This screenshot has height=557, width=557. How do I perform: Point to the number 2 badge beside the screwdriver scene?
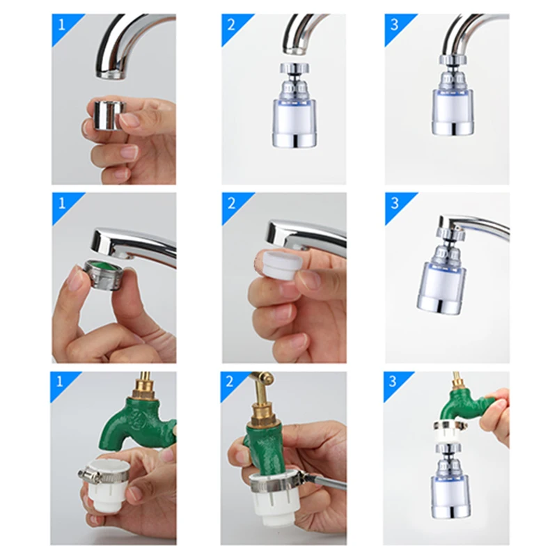230,381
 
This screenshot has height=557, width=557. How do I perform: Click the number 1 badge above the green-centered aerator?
62,203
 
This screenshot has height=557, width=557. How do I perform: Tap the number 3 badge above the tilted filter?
395,203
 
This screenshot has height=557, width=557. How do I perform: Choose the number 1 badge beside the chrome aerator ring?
62,25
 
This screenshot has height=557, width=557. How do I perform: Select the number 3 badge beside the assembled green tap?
393,381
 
